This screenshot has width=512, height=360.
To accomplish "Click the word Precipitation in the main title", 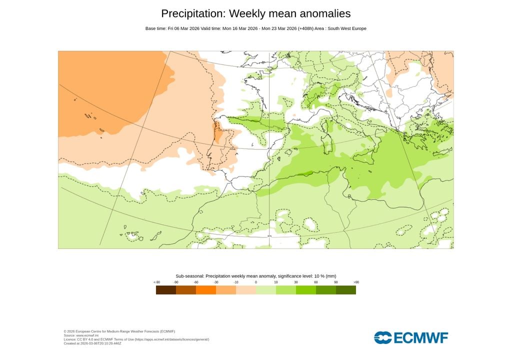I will coord(192,13).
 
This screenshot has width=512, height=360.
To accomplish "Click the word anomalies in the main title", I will coord(321,13).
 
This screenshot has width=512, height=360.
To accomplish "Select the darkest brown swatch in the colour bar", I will coord(166,290).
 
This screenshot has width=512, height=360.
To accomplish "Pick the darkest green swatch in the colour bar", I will coord(346,290).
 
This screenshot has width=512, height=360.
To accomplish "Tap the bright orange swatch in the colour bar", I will coord(206,290).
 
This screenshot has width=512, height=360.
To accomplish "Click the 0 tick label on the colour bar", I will coord(256,282).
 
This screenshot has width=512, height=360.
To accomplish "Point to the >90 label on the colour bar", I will coord(356,282).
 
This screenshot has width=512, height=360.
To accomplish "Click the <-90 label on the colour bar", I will coord(156,282).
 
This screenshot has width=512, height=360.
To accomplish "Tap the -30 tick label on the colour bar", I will coord(216,282).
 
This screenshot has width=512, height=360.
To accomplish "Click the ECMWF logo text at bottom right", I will coord(421,338).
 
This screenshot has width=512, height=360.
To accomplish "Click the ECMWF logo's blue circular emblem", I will coord(383,338).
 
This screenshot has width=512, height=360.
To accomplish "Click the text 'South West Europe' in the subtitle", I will coord(347,28).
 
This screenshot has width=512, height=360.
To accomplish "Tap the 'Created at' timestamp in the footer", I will coord(92,343).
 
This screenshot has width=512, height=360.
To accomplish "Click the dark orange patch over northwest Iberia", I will coord(218,133).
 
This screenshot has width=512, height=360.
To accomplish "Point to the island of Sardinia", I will coord(328,145).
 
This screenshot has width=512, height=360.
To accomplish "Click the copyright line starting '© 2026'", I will coord(119,331).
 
